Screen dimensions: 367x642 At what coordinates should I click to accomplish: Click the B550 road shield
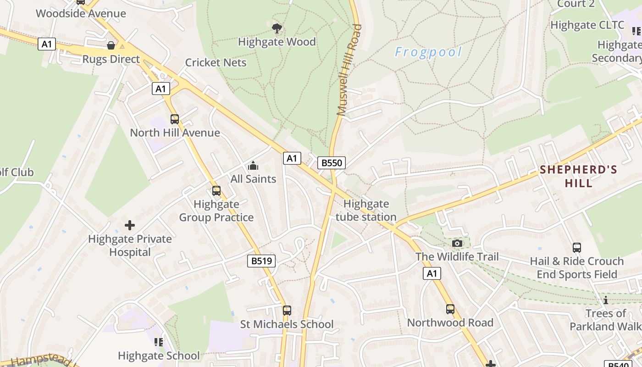(x=331, y=163)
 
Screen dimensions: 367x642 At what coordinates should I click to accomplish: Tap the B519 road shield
(x=262, y=261)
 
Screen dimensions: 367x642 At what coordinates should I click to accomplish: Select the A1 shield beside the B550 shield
(x=292, y=159)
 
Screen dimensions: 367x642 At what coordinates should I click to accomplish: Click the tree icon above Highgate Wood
(x=277, y=28)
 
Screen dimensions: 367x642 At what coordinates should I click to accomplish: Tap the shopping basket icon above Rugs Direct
(x=111, y=45)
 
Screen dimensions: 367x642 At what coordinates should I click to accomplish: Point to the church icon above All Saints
(x=253, y=166)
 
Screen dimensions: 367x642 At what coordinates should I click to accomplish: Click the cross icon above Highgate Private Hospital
(x=130, y=225)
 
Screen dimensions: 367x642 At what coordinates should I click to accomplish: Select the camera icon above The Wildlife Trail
(x=457, y=243)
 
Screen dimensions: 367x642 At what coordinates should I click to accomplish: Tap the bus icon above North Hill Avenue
(x=175, y=119)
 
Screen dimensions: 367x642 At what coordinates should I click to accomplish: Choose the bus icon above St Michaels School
(x=287, y=311)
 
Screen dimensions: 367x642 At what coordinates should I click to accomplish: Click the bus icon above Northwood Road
(x=450, y=309)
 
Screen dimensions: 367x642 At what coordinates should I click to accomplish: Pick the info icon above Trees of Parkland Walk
(x=605, y=300)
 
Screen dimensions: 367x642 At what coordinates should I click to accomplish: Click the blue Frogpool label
(x=428, y=52)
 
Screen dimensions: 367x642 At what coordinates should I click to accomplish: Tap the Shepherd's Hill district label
(x=578, y=176)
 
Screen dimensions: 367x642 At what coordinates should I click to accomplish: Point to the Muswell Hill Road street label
(x=349, y=70)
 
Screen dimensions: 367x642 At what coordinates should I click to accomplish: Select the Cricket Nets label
(x=216, y=63)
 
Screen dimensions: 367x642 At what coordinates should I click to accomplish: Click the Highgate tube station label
(x=366, y=210)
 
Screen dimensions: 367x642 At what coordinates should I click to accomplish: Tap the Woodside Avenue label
(x=81, y=13)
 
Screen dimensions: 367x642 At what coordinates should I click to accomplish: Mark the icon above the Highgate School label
(x=159, y=342)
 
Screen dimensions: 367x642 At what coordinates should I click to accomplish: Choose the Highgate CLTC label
(x=587, y=25)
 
